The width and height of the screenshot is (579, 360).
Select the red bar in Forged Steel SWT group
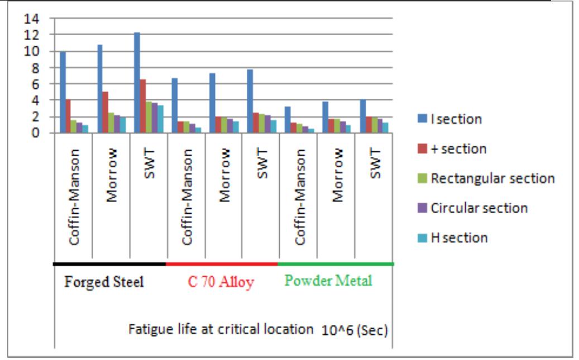(143, 106)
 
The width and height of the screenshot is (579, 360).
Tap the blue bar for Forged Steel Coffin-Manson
(63, 92)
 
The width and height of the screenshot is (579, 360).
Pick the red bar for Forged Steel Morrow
(106, 112)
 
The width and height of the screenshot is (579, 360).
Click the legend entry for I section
(456, 119)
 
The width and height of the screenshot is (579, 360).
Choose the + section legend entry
(458, 149)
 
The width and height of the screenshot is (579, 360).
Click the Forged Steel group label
(104, 281)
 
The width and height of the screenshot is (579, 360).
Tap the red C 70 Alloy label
(221, 282)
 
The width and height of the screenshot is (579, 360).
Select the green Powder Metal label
(328, 281)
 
